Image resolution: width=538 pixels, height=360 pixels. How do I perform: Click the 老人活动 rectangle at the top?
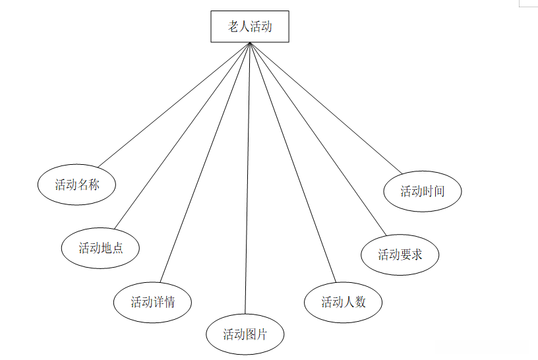click(250, 26)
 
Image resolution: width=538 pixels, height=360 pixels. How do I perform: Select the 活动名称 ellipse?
click(77, 185)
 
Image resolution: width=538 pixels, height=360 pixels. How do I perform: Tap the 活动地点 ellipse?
click(101, 248)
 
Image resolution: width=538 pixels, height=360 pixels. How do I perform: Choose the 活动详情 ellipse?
click(152, 302)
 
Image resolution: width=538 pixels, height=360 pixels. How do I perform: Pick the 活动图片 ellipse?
click(245, 334)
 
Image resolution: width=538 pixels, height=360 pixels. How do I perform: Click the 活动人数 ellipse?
click(344, 302)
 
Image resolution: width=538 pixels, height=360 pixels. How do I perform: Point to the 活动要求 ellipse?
click(400, 254)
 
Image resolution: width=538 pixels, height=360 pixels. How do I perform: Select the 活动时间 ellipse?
click(423, 191)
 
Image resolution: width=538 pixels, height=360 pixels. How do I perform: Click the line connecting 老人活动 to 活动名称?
click(174, 104)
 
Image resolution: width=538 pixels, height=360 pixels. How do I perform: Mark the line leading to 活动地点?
click(183, 135)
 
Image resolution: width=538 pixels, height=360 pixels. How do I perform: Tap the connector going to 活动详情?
click(205, 164)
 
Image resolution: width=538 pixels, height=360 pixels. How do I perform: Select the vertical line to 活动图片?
click(248, 178)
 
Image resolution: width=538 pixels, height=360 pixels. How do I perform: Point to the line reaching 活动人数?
click(293, 162)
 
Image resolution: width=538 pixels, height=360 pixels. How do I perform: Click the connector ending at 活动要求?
click(316, 138)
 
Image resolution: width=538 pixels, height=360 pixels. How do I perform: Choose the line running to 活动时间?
click(326, 108)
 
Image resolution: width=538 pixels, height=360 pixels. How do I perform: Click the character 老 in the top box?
click(233, 26)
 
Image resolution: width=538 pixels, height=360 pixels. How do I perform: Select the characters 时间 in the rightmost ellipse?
click(433, 191)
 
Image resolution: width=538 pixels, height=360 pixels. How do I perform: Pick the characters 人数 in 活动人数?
click(355, 302)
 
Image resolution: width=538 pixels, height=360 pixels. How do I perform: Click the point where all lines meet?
click(250, 43)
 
